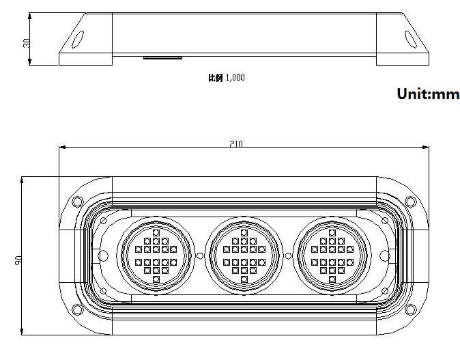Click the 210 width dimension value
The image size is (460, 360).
pos(236,143)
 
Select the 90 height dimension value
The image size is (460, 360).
pos(18,260)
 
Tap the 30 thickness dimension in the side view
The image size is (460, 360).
pos(27,43)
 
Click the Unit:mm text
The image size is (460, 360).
pos(428,94)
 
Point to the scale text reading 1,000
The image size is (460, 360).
pos(235,77)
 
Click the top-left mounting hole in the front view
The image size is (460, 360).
pos(77,202)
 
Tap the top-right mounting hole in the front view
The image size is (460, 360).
pos(410,202)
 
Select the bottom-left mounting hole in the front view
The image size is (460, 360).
pos(77,309)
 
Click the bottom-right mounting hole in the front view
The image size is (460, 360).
pos(410,309)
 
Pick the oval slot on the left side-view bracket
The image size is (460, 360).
pos(78,39)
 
